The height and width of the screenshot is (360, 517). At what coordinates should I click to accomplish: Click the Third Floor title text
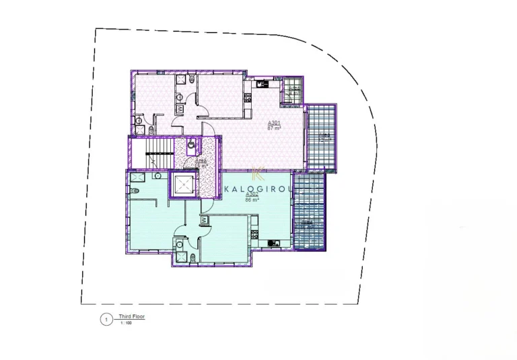(x=131, y=316)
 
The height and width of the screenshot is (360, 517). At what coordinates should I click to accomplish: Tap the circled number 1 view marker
(x=106, y=320)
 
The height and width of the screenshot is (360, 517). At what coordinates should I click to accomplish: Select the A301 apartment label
(x=274, y=122)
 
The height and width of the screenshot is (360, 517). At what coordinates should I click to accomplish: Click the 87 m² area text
(x=274, y=128)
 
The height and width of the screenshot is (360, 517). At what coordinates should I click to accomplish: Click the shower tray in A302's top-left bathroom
(x=139, y=176)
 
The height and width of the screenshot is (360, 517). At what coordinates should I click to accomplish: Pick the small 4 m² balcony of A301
(x=294, y=92)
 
